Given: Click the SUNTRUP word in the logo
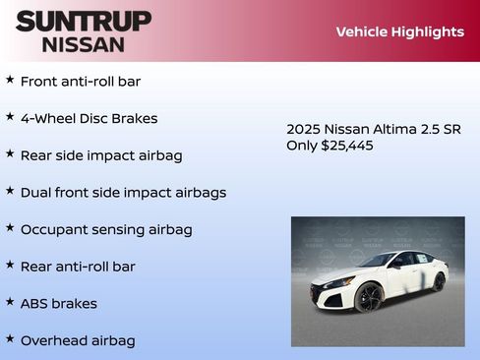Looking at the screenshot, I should (84, 20).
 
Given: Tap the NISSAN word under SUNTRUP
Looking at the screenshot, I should (84, 43).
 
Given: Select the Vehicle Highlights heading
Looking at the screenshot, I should (399, 31).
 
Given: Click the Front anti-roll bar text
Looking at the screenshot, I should (81, 81).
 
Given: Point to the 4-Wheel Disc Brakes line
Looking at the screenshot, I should (89, 118).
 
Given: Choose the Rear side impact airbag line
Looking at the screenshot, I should (101, 155).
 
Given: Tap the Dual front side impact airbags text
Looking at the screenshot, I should (123, 193).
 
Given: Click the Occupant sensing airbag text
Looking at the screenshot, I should (106, 229).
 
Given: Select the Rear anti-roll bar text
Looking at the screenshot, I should (78, 267).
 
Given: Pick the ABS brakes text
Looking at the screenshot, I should (59, 303).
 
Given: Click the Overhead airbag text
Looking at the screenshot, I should (78, 340).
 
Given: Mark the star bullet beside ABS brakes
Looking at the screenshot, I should (10, 301).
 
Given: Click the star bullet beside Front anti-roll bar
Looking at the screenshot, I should (10, 79).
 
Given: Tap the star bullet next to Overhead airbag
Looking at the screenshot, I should (10, 338).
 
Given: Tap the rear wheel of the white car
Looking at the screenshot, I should (438, 282).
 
